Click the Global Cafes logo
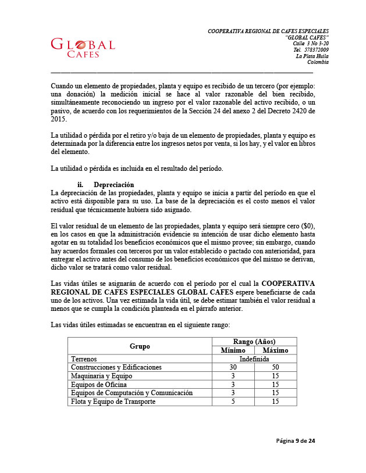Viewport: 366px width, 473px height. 83,48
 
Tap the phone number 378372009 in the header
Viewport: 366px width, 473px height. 316,49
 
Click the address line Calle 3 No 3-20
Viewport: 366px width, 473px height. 310,43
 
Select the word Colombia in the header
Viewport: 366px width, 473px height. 318,62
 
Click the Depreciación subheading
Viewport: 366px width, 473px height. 113,185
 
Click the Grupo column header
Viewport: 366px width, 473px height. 139,346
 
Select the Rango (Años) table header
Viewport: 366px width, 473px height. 254,342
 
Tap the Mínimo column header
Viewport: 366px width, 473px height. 233,350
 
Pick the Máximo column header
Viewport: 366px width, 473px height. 275,350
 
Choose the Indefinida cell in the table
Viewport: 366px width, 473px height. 254,359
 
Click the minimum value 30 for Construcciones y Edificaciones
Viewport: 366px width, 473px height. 233,367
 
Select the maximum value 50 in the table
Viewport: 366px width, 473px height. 275,367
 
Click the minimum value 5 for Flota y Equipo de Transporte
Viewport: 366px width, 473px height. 233,402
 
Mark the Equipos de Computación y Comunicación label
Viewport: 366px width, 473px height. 132,393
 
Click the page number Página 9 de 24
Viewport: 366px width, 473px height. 295,441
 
